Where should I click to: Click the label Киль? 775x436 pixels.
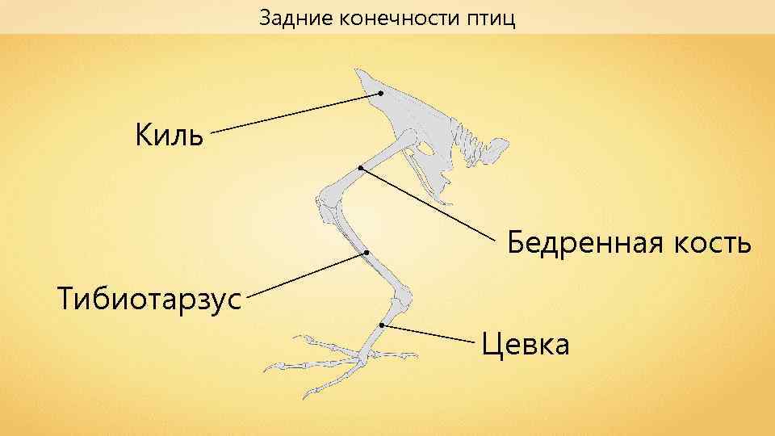[169, 132]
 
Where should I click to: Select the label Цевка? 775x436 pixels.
[526, 345]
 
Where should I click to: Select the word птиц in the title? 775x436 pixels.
[490, 17]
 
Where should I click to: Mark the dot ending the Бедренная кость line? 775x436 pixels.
[361, 168]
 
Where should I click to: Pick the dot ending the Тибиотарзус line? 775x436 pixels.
[366, 253]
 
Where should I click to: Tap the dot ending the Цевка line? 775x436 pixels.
[381, 325]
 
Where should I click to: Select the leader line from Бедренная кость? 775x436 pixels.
[428, 204]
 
